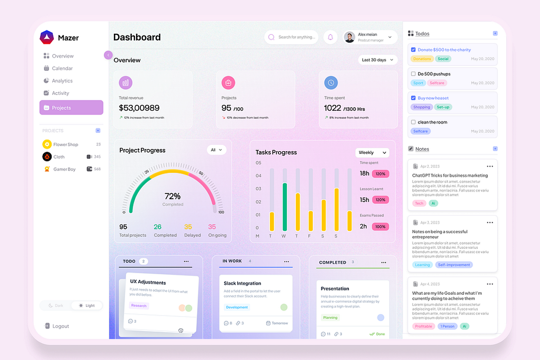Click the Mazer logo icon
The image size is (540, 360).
coord(47,37)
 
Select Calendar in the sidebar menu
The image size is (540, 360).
coord(62,68)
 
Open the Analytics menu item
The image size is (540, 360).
coord(62,81)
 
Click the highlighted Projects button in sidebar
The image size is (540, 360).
coord(71,108)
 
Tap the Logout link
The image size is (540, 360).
coord(60,326)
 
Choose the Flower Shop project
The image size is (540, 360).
coord(65,144)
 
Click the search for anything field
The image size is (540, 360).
coord(295,37)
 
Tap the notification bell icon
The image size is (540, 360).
coord(330,37)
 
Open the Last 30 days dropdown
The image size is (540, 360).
coord(378,60)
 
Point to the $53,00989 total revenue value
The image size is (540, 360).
coord(139,108)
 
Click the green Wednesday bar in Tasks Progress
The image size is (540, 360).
coord(284,207)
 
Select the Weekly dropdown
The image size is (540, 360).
coord(372,153)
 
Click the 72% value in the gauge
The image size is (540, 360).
coord(172,196)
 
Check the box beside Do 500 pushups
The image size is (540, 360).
coord(413,74)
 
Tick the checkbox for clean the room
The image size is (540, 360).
coord(413,122)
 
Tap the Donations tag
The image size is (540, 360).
coord(422,59)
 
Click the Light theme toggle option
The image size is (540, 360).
coord(87,306)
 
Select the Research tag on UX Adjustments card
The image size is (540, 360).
coord(139,306)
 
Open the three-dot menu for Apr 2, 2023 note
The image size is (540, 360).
coord(490,166)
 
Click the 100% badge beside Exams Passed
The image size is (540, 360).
coord(380,226)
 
